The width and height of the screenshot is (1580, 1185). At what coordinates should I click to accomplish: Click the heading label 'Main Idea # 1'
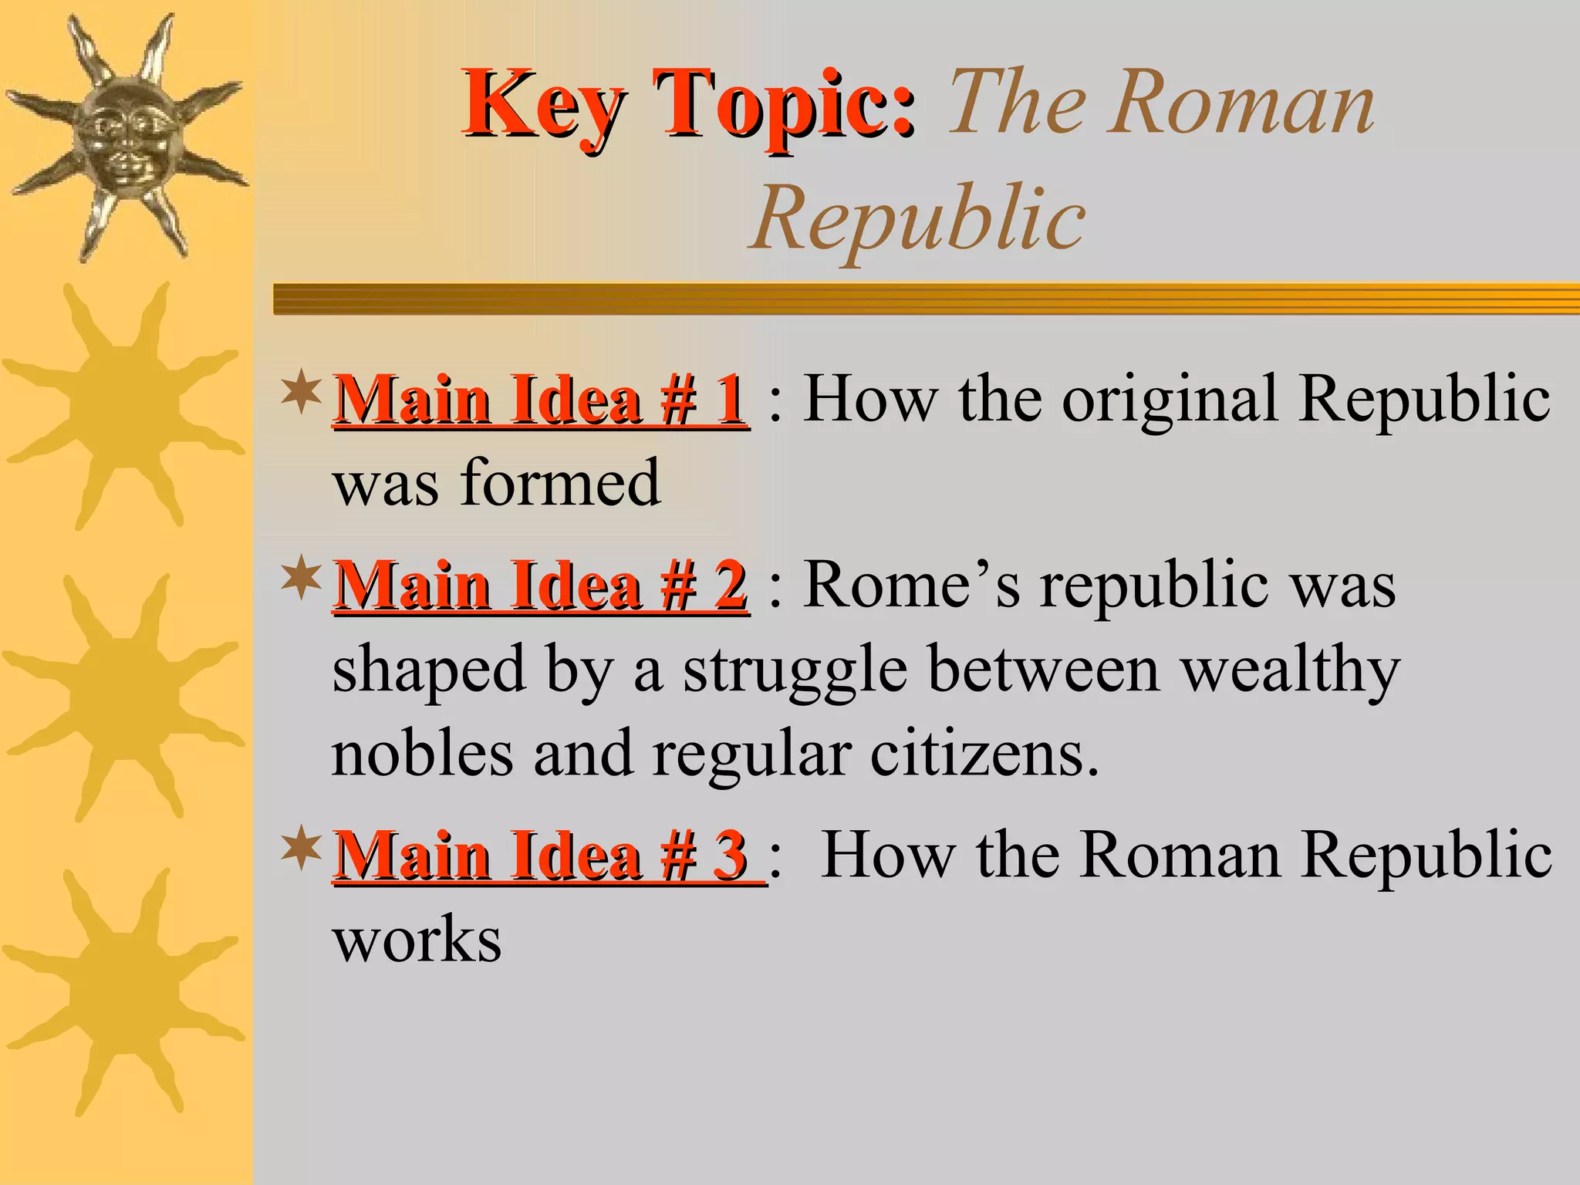point(540,400)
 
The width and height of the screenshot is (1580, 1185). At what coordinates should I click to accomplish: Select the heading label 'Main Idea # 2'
point(540,586)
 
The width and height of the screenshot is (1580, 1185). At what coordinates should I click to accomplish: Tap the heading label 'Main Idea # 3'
point(543,856)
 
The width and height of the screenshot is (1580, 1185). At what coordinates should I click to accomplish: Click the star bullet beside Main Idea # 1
point(301,392)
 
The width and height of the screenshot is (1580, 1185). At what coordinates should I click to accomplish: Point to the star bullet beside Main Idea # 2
point(301,579)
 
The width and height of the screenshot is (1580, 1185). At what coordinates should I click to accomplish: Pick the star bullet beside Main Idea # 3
point(301,847)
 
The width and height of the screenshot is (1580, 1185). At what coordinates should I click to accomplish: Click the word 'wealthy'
point(1291,670)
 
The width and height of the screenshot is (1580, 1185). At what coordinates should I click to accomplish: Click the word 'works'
point(417,940)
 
